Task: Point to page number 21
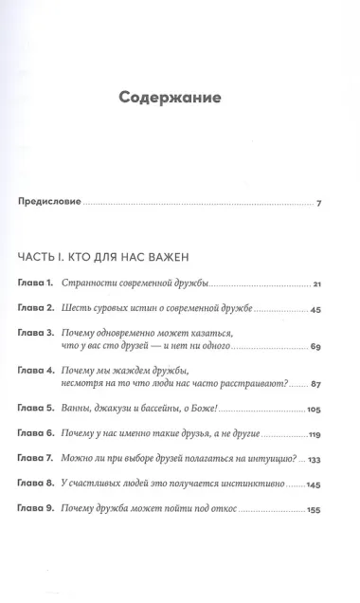(318, 284)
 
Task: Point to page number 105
(315, 411)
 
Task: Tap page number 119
(315, 437)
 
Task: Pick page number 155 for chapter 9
(315, 514)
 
